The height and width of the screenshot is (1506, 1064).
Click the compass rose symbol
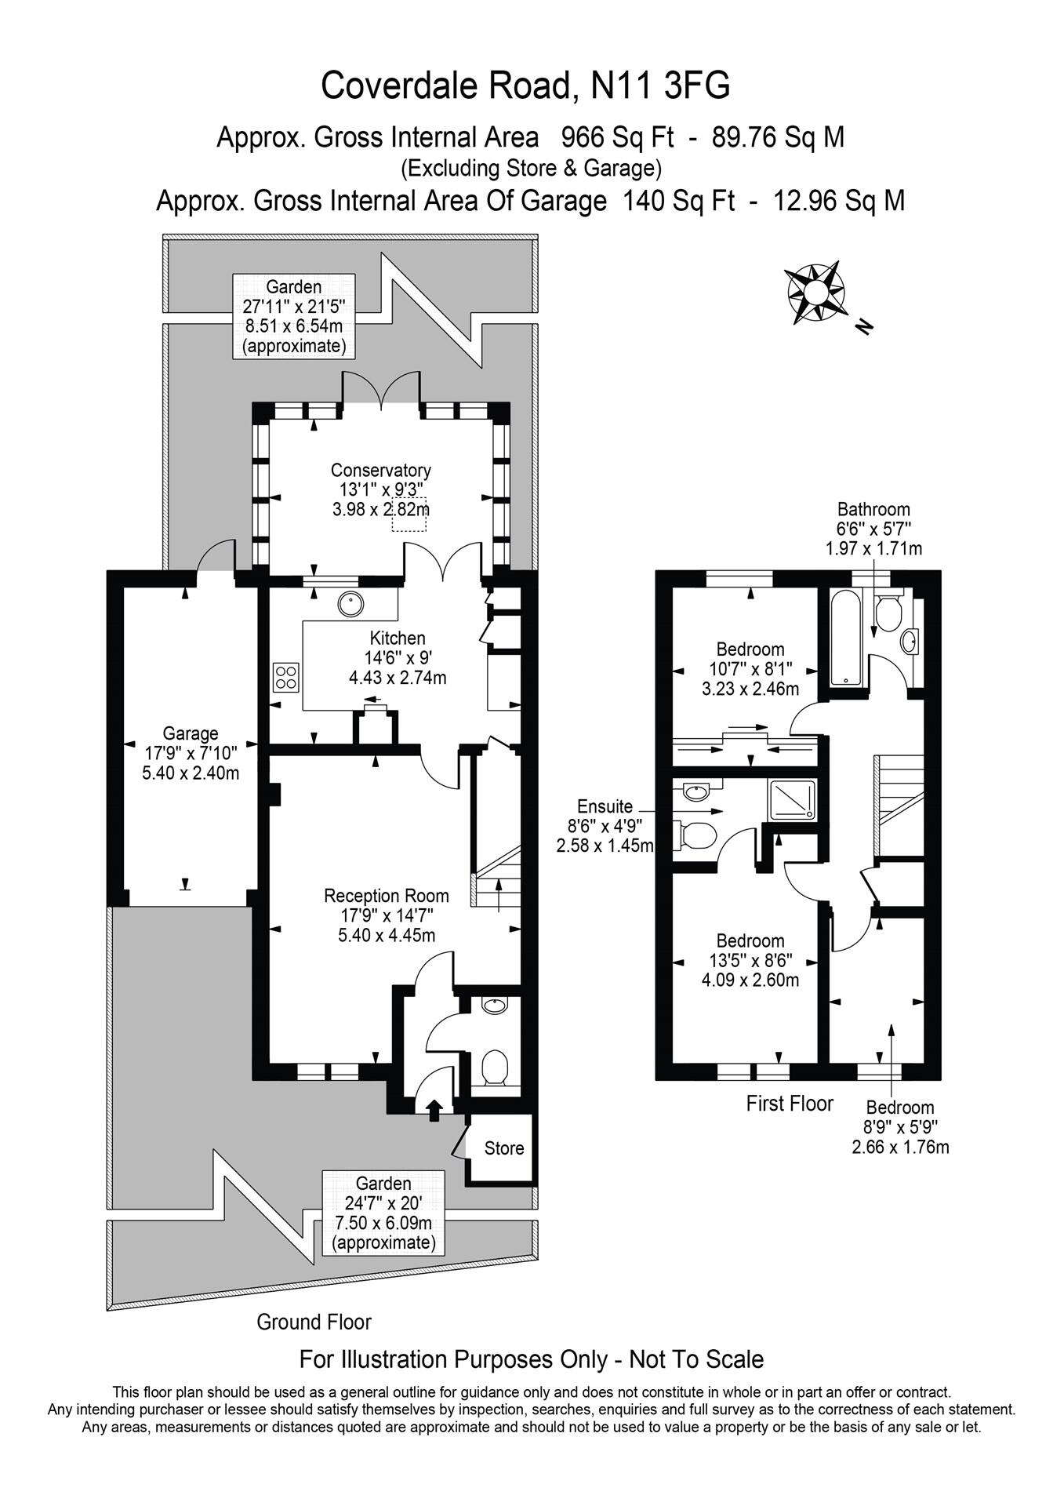coord(815,293)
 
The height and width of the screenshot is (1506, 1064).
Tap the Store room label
coord(503,1148)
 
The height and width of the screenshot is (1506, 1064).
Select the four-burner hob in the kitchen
coord(285,676)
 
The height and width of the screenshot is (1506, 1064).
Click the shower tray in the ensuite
coord(792,800)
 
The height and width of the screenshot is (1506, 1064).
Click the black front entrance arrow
coord(434,1110)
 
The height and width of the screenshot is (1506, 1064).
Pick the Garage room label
coord(191,733)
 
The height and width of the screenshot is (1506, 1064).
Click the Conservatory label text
coord(380,470)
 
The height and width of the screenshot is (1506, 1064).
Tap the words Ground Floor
coord(314,1322)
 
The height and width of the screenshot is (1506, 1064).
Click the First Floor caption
coord(789,1104)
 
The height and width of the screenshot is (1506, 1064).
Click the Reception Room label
coord(387,896)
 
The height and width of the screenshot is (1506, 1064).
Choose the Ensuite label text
coord(605,806)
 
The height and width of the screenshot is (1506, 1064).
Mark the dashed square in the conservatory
coord(409,514)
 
